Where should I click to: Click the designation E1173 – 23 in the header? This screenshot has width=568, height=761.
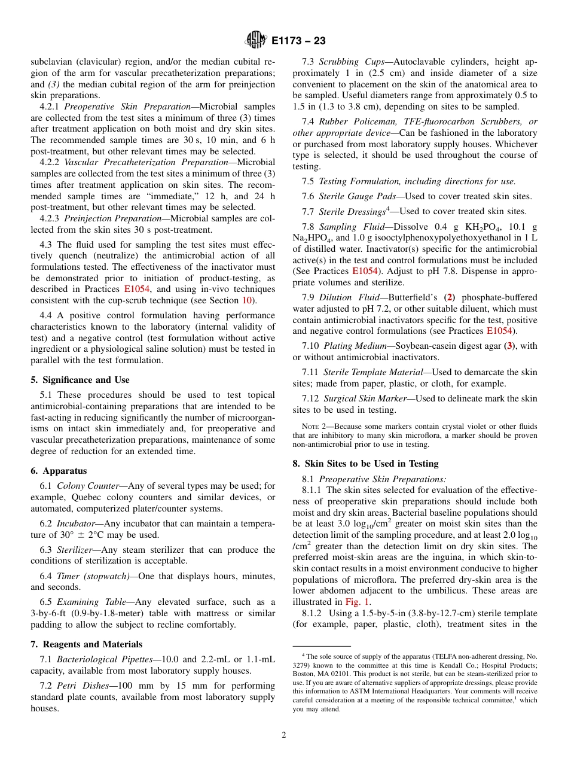pos(298,41)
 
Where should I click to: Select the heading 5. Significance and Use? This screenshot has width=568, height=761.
pos(80,380)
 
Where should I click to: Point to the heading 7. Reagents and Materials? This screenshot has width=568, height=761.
pos(87,644)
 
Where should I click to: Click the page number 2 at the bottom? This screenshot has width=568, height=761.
pos(284,735)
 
